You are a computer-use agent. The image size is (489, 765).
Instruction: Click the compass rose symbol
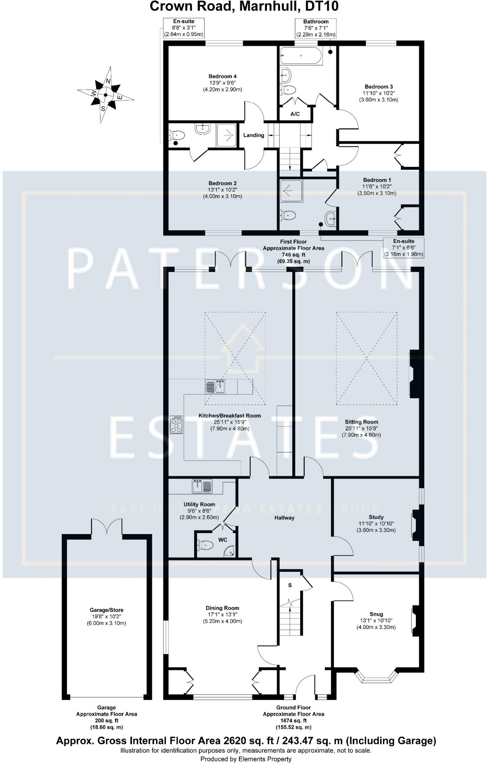click(x=106, y=95)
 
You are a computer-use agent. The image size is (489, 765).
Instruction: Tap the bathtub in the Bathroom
click(x=301, y=56)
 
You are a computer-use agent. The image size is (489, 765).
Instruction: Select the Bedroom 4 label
click(x=222, y=77)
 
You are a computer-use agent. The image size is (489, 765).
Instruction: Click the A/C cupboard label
click(x=295, y=114)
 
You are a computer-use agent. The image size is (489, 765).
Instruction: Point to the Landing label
click(x=253, y=135)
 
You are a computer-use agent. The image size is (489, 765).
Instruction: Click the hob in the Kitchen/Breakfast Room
click(x=177, y=425)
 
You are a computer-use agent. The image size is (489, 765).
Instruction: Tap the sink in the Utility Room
click(x=202, y=486)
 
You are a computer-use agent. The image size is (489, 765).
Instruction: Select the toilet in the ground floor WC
click(x=205, y=545)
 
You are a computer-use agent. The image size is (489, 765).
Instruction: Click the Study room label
click(x=376, y=517)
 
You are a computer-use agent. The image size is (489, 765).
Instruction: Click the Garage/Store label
click(x=106, y=610)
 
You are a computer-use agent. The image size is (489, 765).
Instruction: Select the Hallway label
click(x=284, y=518)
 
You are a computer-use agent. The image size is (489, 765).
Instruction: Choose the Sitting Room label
click(x=361, y=422)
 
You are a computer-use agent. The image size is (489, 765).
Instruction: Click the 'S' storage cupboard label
click(x=290, y=585)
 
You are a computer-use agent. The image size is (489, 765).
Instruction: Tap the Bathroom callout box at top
click(x=316, y=28)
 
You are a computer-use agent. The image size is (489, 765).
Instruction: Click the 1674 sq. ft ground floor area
click(x=293, y=721)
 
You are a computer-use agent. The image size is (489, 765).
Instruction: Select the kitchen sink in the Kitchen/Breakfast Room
click(x=216, y=386)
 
